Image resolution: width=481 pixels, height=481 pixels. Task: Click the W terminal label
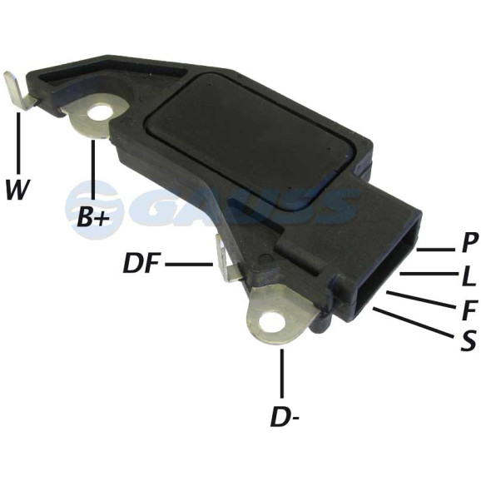tap(17, 190)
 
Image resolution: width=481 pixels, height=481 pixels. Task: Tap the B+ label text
tap(93, 216)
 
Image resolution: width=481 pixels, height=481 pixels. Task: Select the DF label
tap(141, 263)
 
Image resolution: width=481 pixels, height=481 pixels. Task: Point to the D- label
tap(285, 416)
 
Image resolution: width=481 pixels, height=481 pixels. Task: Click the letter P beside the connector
tap(469, 242)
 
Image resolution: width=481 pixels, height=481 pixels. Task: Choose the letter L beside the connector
tap(469, 276)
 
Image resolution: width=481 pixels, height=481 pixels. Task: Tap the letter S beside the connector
tap(469, 340)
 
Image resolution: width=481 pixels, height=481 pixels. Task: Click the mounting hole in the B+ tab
tap(99, 117)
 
